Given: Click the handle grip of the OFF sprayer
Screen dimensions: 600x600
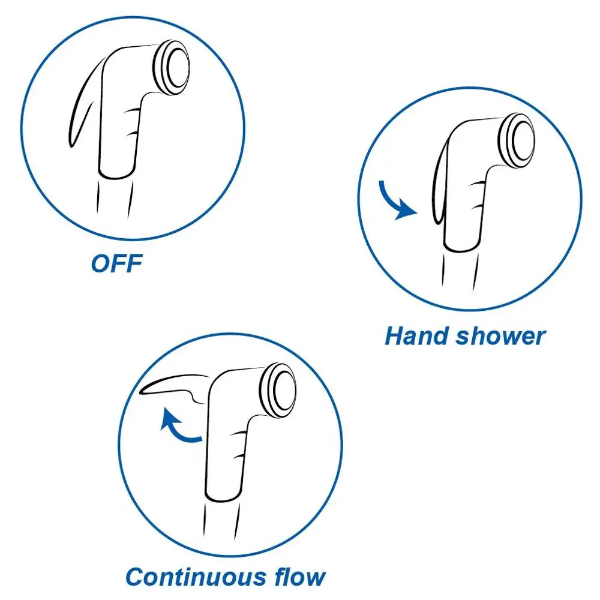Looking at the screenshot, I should pos(117,138).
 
